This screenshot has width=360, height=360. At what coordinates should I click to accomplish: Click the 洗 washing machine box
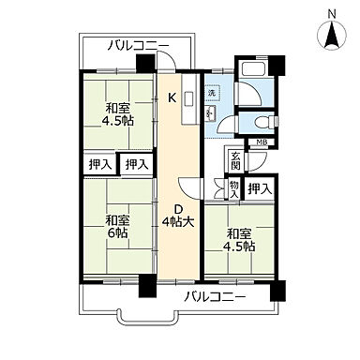(212, 93)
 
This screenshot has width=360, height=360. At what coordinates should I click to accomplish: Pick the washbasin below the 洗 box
(211, 113)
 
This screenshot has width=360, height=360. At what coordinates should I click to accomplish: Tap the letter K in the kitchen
(172, 98)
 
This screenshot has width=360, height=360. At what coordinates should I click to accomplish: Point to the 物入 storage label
(234, 188)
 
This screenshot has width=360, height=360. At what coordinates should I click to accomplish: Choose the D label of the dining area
(175, 209)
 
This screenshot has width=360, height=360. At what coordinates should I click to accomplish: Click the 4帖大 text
(177, 222)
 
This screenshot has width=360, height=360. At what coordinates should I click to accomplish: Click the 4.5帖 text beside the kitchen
(116, 120)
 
